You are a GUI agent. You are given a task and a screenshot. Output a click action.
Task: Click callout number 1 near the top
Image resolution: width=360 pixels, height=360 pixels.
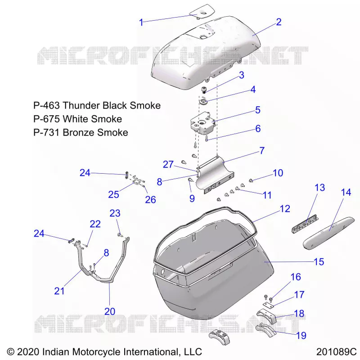click(141, 22)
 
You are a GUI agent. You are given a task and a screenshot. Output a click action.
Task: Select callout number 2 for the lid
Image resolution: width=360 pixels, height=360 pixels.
click(279, 22)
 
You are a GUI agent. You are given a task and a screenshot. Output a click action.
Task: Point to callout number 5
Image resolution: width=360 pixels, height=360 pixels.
click(258, 110)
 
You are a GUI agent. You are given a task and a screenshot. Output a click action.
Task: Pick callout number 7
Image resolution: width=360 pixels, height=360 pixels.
click(262, 151)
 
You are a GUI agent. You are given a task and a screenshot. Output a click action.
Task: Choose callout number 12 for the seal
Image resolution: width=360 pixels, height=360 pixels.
click(285, 208)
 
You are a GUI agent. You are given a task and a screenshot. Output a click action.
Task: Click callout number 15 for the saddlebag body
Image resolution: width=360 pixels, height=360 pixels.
click(319, 261)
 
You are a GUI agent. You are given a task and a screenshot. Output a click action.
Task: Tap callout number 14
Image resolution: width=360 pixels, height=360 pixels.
click(346, 192)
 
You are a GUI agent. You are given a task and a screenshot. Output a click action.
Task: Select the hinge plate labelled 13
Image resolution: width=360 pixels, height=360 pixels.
click(305, 224)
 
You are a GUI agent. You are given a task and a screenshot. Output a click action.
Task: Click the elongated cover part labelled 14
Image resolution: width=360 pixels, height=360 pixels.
click(328, 233)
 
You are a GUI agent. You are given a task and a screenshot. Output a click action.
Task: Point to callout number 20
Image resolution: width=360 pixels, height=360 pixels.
click(110, 311)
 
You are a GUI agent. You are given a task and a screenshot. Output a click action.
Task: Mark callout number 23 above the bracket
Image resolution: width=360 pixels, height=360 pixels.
click(115, 213)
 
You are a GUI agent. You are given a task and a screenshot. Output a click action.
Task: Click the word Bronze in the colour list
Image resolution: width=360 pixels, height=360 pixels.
click(79, 132)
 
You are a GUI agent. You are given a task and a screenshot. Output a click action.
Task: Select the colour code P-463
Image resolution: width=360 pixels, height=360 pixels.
click(46, 105)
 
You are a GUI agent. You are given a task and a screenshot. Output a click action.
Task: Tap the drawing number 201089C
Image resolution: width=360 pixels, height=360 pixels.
click(336, 351)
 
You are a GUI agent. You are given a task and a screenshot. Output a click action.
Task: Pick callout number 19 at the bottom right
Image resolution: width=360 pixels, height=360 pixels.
click(301, 335)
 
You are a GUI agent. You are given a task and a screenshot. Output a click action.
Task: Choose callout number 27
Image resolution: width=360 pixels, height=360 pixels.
click(168, 164)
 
